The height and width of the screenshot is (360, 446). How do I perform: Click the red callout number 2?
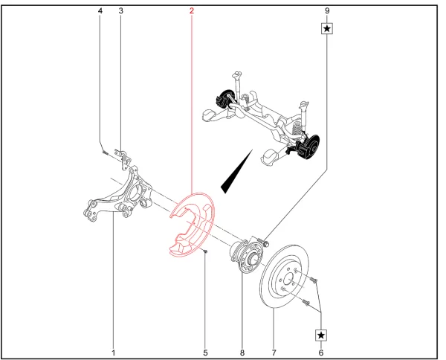(192, 11)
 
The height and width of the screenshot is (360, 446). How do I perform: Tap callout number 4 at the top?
(100, 11)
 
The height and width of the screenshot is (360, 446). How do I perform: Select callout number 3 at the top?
(121, 11)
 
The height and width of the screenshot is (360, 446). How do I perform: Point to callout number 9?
(327, 11)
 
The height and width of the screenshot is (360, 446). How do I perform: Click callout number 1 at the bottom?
(113, 353)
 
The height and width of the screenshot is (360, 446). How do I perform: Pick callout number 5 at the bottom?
(205, 353)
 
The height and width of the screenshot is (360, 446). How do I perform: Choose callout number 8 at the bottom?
(242, 353)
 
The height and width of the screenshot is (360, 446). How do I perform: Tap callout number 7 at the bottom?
(274, 353)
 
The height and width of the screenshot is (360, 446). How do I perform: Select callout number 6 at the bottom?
(321, 353)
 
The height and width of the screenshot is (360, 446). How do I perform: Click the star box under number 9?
(327, 28)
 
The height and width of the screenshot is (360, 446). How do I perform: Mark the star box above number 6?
(321, 335)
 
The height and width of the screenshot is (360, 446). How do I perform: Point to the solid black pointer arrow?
(236, 171)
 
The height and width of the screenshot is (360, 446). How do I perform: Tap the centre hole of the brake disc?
(288, 279)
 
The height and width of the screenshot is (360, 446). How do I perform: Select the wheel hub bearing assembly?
(246, 254)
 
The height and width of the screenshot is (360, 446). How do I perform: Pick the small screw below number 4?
(105, 152)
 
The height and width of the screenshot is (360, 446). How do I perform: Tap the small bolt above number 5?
(206, 251)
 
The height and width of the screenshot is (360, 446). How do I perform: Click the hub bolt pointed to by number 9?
(265, 243)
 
